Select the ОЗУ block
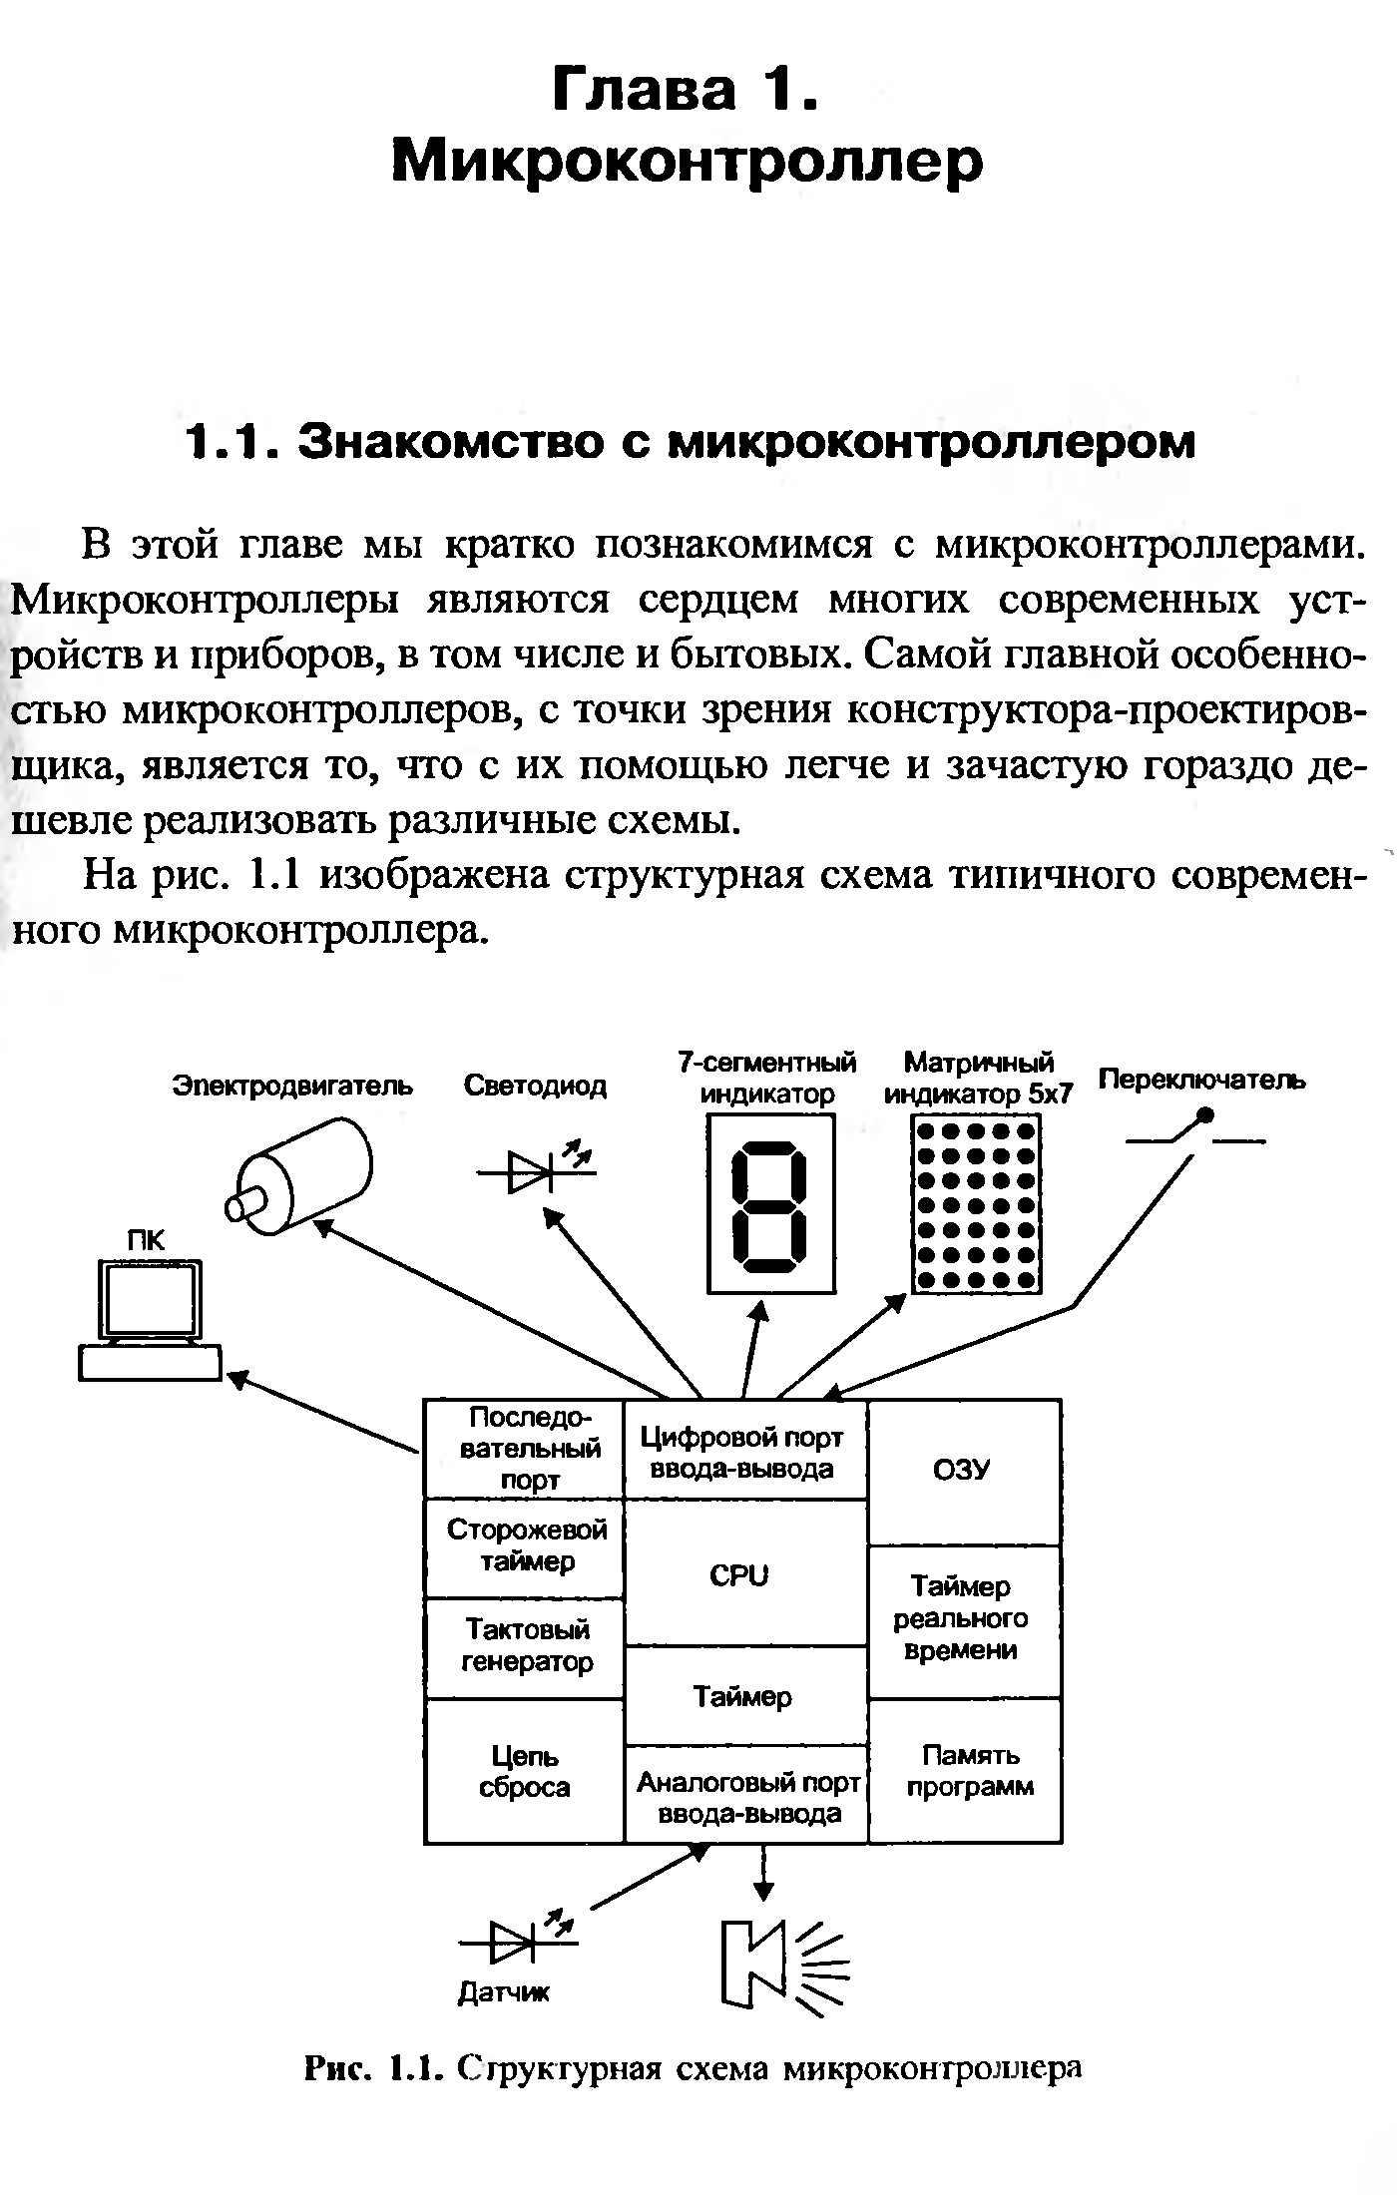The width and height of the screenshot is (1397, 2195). click(964, 1472)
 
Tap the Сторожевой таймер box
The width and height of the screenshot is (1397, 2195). click(525, 1546)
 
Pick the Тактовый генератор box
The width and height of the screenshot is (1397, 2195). click(525, 1647)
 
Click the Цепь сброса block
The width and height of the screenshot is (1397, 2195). click(525, 1771)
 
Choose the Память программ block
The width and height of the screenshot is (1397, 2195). click(964, 1771)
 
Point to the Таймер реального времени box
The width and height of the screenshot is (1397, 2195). click(964, 1621)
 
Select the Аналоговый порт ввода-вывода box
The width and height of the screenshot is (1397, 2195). click(746, 1797)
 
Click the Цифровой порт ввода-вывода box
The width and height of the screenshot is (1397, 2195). click(744, 1453)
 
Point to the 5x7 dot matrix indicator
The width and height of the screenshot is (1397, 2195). click(976, 1204)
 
